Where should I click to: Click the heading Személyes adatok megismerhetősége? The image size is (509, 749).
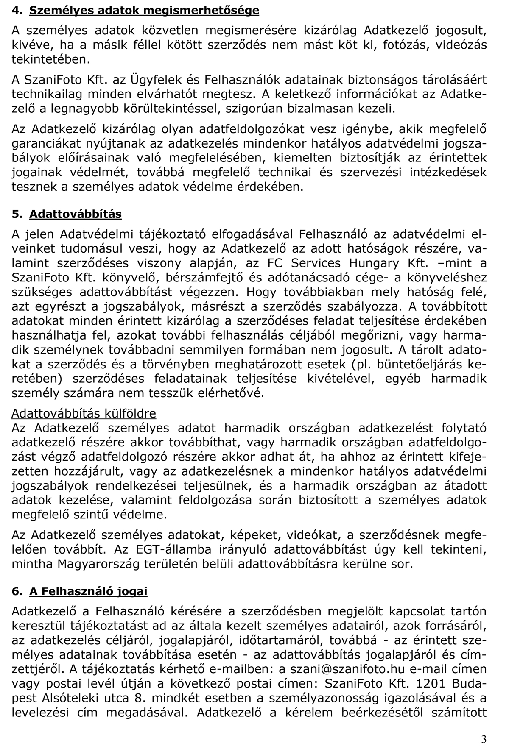(x=144, y=10)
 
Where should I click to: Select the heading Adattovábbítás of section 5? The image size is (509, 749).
(x=75, y=214)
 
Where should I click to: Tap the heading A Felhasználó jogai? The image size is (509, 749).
(x=88, y=591)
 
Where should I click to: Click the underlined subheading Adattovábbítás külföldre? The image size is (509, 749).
(x=84, y=413)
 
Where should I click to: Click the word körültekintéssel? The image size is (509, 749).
(x=164, y=109)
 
